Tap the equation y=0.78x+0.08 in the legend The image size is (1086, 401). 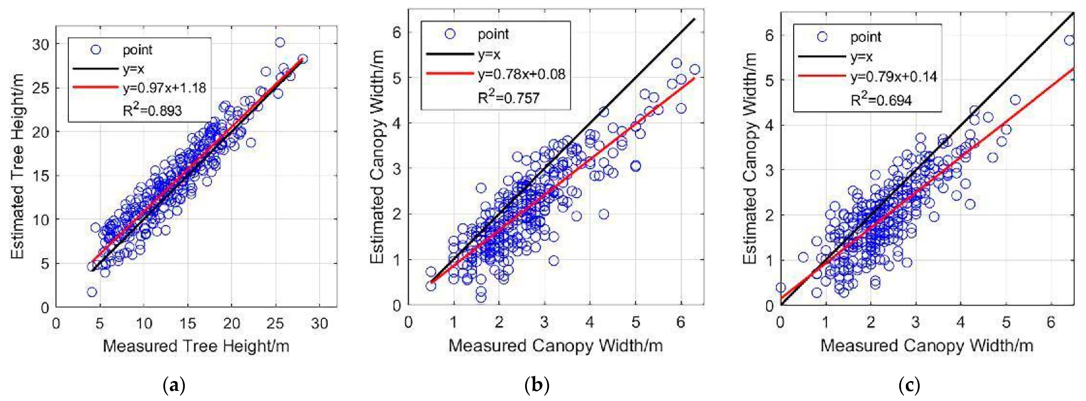[x=521, y=74]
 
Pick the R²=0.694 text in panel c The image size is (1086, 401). [x=881, y=100]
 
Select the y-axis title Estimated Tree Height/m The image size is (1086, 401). [x=18, y=167]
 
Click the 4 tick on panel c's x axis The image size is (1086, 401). [x=960, y=322]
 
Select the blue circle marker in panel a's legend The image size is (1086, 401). [x=96, y=50]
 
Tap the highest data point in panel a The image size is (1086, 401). [x=280, y=42]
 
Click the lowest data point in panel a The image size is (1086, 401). [x=92, y=292]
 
